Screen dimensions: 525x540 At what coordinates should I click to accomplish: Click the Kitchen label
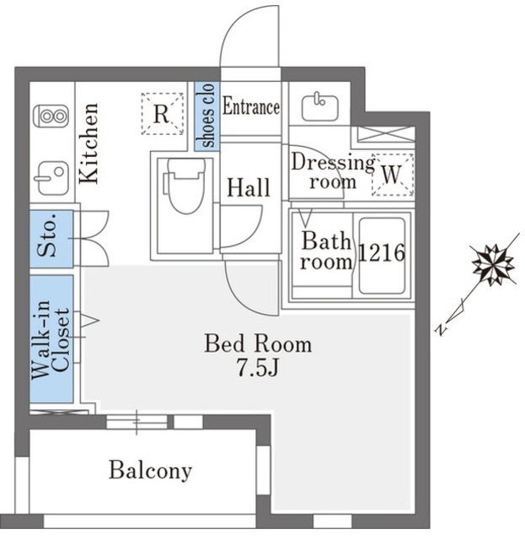click(x=89, y=143)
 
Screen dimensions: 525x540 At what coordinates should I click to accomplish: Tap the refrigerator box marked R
click(x=162, y=113)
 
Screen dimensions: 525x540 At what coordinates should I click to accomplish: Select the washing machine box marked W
click(x=393, y=175)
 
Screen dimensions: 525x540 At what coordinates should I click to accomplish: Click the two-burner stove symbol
click(x=51, y=116)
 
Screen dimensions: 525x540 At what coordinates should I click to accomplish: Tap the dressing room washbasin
click(x=320, y=107)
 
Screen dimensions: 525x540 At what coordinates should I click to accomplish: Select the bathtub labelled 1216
click(x=382, y=256)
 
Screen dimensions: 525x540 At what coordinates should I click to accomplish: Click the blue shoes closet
click(x=207, y=116)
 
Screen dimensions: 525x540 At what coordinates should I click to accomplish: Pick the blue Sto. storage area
click(x=51, y=239)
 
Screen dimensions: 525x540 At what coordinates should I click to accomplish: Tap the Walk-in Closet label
click(x=51, y=339)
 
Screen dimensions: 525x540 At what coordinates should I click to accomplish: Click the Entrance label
click(x=251, y=106)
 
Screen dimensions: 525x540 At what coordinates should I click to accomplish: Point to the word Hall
click(x=249, y=187)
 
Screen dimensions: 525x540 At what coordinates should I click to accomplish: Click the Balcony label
click(x=150, y=471)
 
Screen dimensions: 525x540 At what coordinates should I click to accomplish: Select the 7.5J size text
click(x=257, y=368)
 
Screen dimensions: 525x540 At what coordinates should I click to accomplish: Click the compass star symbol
click(x=493, y=265)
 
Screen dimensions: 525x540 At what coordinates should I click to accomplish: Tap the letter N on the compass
click(x=441, y=330)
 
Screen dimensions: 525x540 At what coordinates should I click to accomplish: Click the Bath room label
click(x=326, y=251)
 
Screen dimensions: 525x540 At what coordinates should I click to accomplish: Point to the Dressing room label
click(x=332, y=171)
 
